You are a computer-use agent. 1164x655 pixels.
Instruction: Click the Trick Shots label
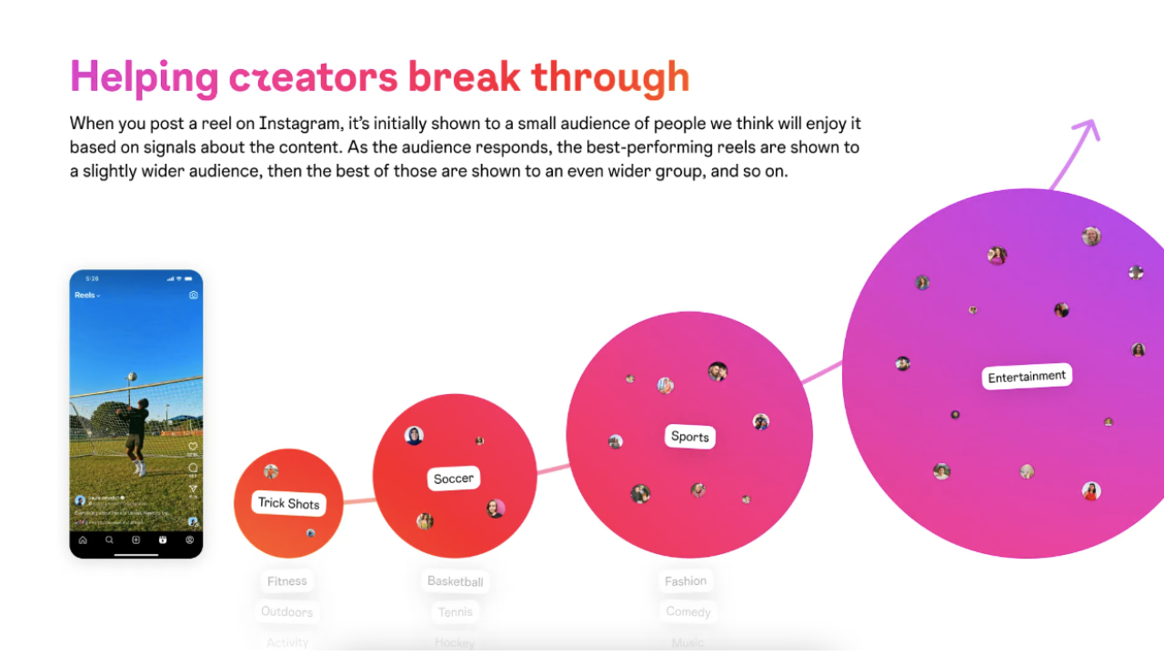click(x=288, y=503)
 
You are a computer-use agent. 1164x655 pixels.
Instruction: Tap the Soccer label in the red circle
click(x=453, y=479)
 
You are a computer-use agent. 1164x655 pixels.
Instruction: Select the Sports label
click(x=689, y=437)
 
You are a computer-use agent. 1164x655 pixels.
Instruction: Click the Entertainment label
click(x=1027, y=377)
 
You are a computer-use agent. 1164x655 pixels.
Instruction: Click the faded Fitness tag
click(x=287, y=581)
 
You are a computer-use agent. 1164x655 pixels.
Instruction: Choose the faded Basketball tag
click(x=455, y=581)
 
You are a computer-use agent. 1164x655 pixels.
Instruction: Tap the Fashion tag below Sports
click(x=686, y=581)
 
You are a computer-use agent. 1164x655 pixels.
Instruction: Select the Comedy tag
click(x=687, y=611)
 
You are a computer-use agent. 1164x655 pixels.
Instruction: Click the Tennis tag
click(x=455, y=611)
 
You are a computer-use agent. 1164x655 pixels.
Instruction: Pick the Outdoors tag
click(x=287, y=611)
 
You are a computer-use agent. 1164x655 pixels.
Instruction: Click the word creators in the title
click(x=313, y=78)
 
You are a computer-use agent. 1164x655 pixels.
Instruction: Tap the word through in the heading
click(x=610, y=78)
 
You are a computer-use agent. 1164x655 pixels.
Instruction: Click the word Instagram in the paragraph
click(x=300, y=123)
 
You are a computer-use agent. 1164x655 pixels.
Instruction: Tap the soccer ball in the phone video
click(x=133, y=377)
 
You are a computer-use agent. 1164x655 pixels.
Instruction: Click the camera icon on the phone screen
click(x=193, y=296)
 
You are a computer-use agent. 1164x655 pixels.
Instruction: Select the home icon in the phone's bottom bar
click(x=83, y=539)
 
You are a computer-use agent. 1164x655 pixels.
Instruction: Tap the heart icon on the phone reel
click(x=193, y=447)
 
